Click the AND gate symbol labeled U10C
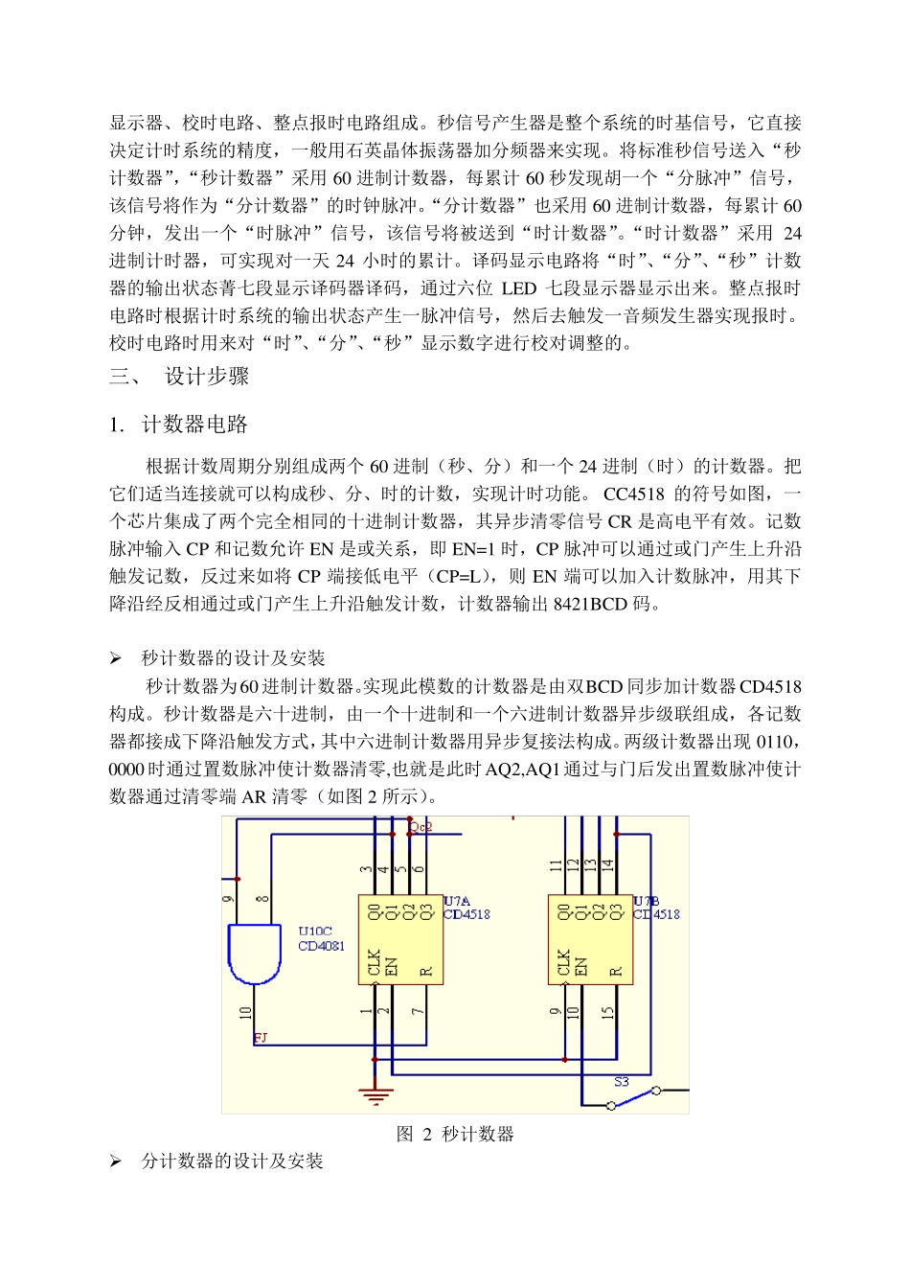(x=254, y=953)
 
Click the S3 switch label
(x=621, y=1081)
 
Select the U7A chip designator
(x=457, y=901)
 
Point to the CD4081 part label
(x=321, y=946)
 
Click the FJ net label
(x=261, y=1038)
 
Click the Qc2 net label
(x=421, y=826)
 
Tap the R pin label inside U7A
(x=426, y=971)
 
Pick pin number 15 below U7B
(x=607, y=1012)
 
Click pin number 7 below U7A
(x=418, y=1012)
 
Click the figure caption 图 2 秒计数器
(x=455, y=1135)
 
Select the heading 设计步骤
(x=207, y=377)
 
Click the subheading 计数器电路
(x=194, y=425)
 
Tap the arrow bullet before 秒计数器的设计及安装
(x=115, y=658)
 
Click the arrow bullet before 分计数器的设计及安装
(x=115, y=1161)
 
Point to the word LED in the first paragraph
(x=518, y=288)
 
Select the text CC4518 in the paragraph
(x=633, y=494)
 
